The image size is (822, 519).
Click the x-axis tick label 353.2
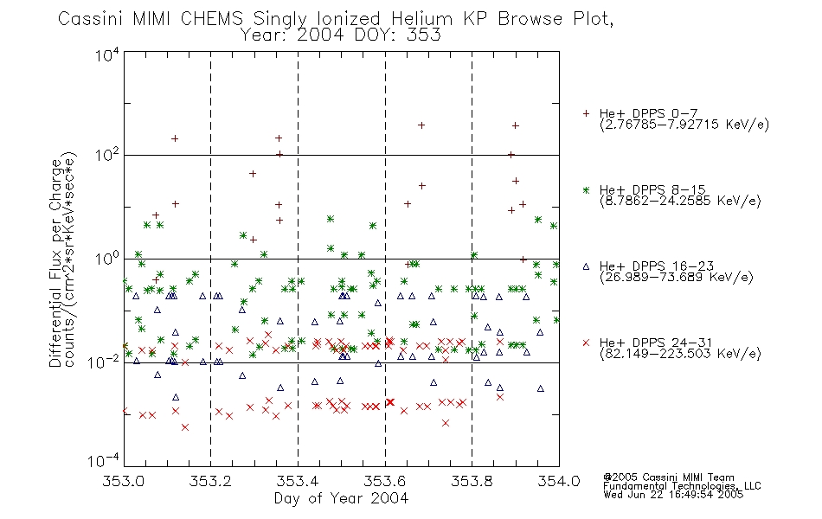coord(210,481)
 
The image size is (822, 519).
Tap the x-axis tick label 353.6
coord(385,481)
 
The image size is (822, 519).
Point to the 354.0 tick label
coord(559,481)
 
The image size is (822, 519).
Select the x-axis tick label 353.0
coord(124,481)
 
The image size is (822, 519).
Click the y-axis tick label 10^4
coord(107,54)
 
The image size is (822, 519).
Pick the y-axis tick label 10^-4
coord(104,461)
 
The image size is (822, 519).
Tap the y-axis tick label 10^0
coord(107,259)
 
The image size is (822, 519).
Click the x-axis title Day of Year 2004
coord(341,498)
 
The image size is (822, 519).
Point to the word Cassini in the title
coord(90,19)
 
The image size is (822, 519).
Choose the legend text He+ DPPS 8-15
coord(652,189)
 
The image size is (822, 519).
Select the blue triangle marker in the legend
coord(586,266)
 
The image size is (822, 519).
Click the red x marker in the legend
coord(586,343)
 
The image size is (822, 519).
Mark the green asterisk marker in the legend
coord(586,189)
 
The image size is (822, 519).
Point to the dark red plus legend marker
coord(586,113)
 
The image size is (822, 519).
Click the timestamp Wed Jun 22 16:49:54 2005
coord(673,494)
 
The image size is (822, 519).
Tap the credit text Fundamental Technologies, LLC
coord(682,486)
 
